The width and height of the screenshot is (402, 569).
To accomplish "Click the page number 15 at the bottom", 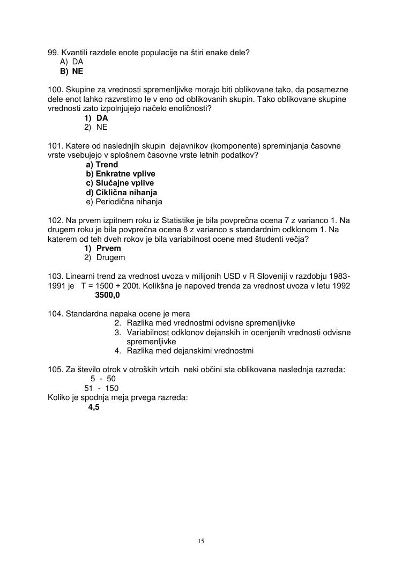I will point(201,541).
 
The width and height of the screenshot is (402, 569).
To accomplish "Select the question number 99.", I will point(53,53).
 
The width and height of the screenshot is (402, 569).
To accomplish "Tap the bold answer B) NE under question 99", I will point(72,71).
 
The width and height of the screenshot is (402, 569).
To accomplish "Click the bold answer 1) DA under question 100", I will point(96,118).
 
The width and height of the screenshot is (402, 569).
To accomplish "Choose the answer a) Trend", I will point(102,165).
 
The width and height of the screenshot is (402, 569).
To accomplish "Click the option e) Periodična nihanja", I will point(124,202).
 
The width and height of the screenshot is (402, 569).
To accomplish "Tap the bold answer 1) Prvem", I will point(102,248).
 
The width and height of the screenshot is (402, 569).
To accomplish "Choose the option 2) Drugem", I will point(105,257).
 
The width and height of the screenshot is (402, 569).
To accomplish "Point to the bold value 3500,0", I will point(107,295).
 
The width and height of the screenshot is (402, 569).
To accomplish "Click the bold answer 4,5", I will point(94,407).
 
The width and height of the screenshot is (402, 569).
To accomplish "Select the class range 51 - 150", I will point(101,388).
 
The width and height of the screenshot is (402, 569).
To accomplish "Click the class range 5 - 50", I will point(103,379).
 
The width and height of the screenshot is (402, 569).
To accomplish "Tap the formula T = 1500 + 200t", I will point(110,286).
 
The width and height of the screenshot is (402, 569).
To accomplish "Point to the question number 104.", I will point(55,314).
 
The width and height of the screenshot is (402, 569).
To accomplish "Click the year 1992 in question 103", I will point(340,286).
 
